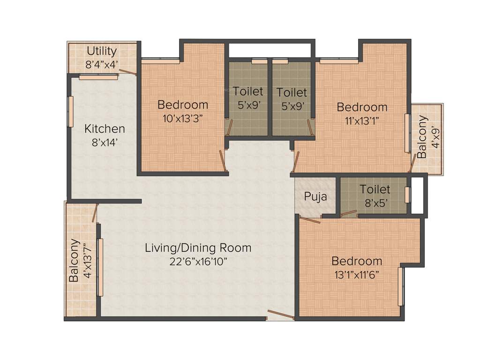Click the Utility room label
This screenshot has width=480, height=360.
(102, 51)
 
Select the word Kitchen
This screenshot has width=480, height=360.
(105, 128)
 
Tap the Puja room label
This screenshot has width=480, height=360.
(315, 196)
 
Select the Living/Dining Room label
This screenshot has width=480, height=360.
(198, 248)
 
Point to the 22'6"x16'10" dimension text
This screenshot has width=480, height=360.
(198, 261)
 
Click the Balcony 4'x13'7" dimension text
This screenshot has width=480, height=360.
(87, 261)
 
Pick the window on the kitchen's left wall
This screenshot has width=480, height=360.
(71, 112)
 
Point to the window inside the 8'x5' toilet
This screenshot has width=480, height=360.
(407, 195)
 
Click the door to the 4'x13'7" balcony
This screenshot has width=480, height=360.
(95, 213)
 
